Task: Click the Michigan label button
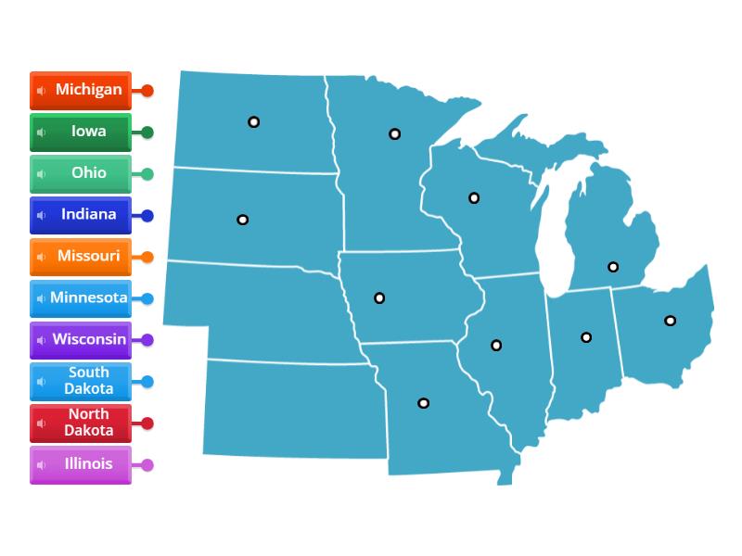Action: point(81,91)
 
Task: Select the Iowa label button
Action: point(81,133)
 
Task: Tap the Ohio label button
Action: point(81,174)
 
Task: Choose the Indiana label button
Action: point(81,215)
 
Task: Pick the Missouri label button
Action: point(81,257)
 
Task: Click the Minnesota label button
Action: point(81,298)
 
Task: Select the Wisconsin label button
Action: point(81,340)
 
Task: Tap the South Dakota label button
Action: point(81,381)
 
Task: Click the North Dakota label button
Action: point(81,423)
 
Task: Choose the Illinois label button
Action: point(81,464)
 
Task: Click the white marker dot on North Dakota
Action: point(253,122)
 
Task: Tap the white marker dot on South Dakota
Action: point(242,220)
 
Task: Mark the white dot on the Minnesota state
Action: point(394,134)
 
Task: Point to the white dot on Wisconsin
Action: point(474,197)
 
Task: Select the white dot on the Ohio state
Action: point(670,321)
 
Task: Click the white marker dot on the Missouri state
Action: point(423,403)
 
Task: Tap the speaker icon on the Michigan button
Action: point(41,91)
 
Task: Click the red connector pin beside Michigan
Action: point(147,91)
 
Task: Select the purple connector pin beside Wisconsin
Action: point(147,340)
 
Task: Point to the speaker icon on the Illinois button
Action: point(41,464)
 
